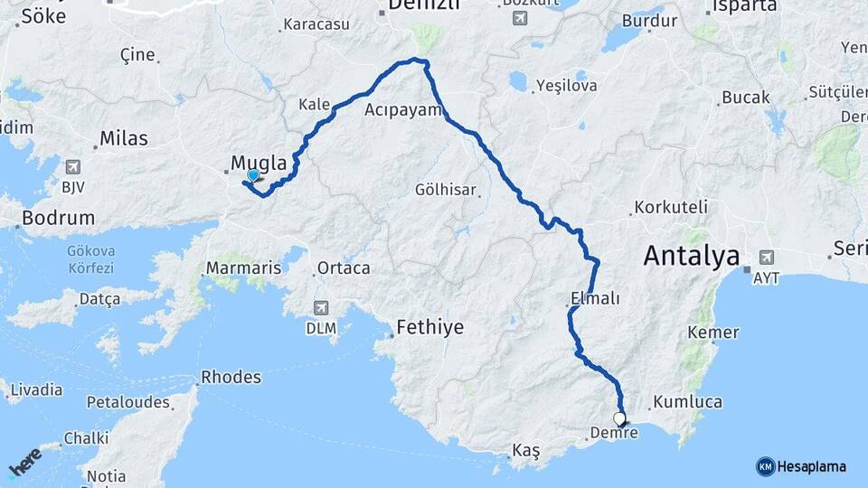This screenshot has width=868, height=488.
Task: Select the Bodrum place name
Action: (x=59, y=218)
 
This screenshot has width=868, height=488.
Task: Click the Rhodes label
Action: (x=231, y=377)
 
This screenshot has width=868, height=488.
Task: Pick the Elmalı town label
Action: (x=596, y=298)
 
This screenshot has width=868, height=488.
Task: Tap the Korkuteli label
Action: (x=671, y=207)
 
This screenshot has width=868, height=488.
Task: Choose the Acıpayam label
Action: (x=401, y=110)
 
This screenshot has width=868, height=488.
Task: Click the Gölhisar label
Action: (x=445, y=190)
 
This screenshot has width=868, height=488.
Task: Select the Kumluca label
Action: (x=687, y=401)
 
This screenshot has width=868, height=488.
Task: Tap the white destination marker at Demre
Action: (x=619, y=418)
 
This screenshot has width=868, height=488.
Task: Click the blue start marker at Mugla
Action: (x=253, y=176)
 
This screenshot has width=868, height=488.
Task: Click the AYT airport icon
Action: (x=768, y=257)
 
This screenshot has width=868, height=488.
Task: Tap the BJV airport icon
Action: (x=73, y=167)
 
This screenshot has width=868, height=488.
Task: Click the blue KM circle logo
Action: (x=765, y=466)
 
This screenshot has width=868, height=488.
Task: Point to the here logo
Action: (x=24, y=462)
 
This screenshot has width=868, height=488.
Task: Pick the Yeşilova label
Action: (x=566, y=86)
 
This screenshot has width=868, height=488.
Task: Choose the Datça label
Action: (x=99, y=298)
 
